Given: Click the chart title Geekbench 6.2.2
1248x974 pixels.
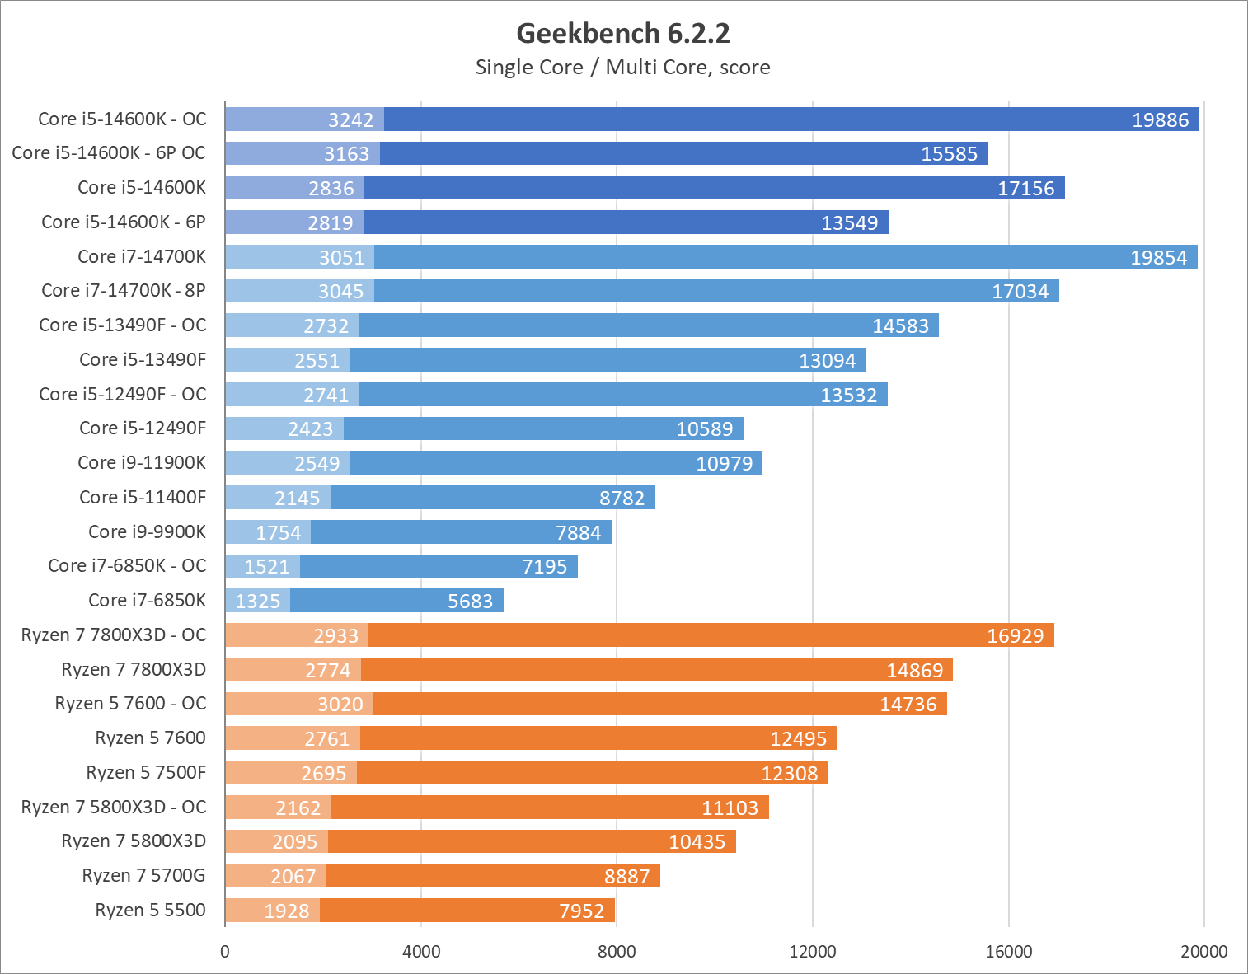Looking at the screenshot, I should click(x=623, y=33).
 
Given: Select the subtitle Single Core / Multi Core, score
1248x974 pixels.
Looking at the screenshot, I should click(x=623, y=68).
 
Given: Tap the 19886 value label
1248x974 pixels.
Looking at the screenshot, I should click(x=1160, y=120).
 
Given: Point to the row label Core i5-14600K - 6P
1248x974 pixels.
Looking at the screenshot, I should click(x=124, y=222).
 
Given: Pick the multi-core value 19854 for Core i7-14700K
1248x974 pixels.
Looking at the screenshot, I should click(x=1158, y=258).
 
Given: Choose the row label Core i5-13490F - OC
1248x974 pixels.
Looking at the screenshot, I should click(x=123, y=325).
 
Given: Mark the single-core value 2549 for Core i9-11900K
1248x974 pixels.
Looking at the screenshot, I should click(x=317, y=463).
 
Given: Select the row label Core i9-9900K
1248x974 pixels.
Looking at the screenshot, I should click(x=147, y=531).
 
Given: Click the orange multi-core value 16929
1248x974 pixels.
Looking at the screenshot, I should click(x=1015, y=636).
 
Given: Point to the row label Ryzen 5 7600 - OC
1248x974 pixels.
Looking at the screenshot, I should click(x=130, y=703).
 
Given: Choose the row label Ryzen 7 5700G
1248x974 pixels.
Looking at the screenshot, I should click(x=143, y=875).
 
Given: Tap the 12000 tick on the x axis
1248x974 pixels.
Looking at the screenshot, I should click(x=812, y=952).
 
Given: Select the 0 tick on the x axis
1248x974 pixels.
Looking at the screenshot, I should click(x=225, y=952).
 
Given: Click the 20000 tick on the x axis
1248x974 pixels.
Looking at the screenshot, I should click(x=1203, y=952).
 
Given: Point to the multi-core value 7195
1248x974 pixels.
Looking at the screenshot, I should click(x=544, y=567).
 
